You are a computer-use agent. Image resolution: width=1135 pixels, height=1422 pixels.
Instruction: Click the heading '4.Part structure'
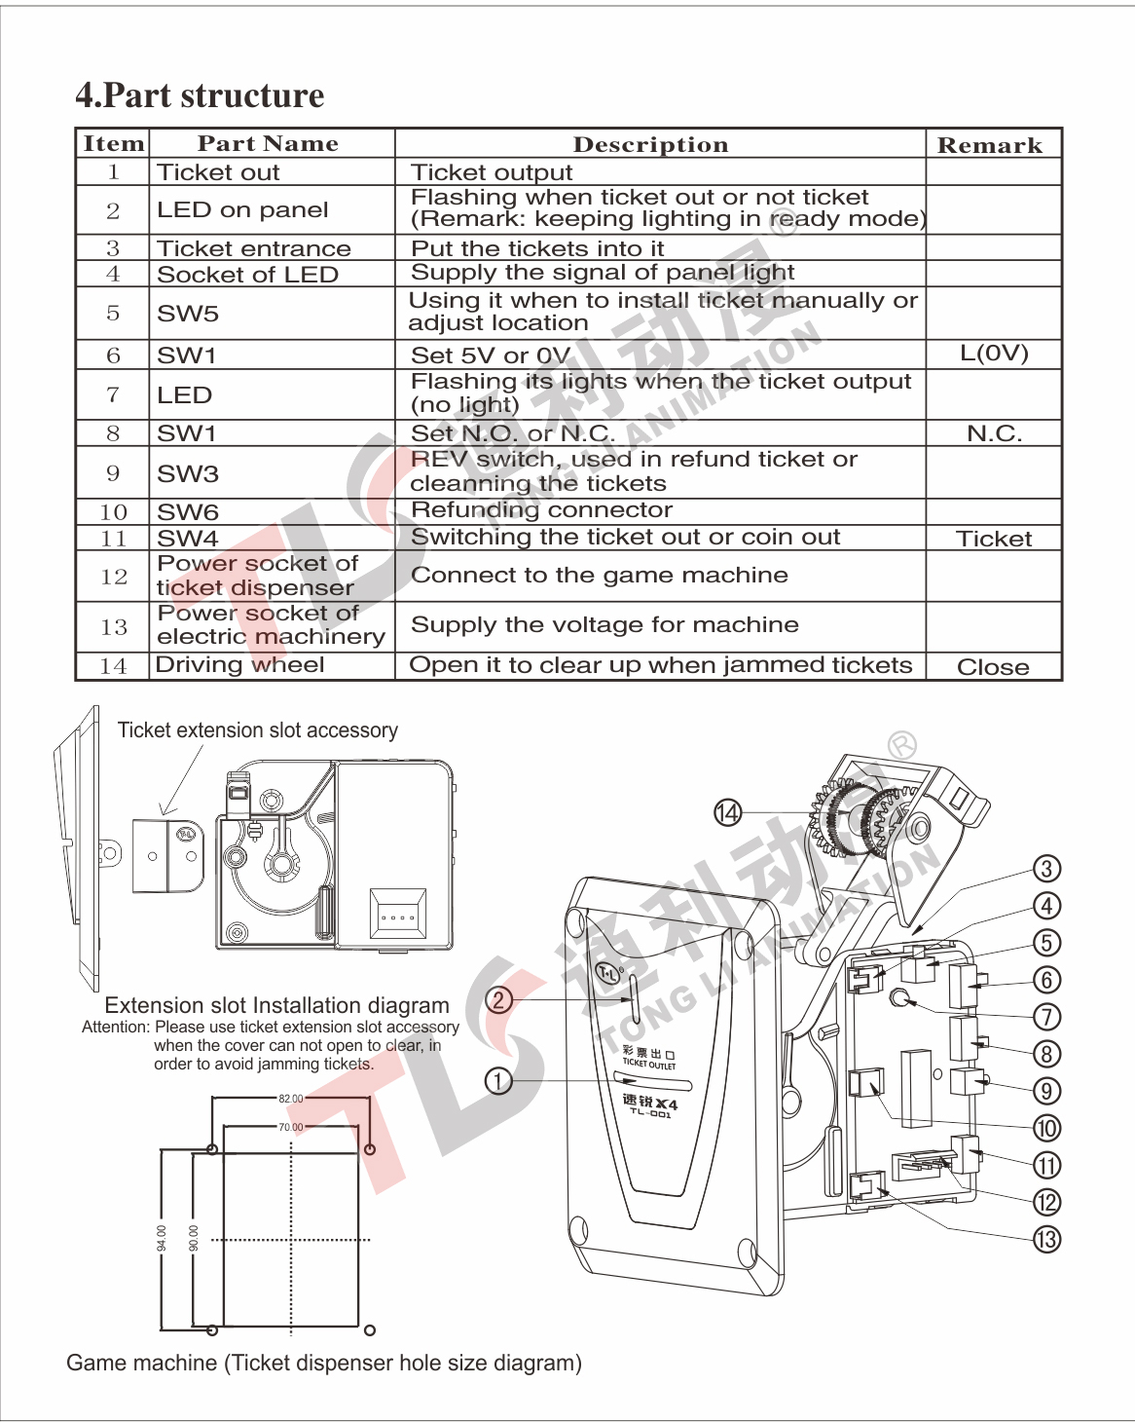pyautogui.click(x=200, y=95)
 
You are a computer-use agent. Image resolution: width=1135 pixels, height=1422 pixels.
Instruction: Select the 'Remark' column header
pyautogui.click(x=990, y=145)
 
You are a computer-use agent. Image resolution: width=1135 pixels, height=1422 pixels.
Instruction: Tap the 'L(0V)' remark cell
pyautogui.click(x=994, y=353)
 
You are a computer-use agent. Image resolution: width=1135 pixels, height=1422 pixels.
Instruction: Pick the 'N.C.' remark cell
pyautogui.click(x=994, y=433)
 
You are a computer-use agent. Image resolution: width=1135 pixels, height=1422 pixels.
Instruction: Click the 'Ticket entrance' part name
pyautogui.click(x=254, y=248)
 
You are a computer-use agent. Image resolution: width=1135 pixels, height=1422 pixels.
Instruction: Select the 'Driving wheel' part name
pyautogui.click(x=239, y=665)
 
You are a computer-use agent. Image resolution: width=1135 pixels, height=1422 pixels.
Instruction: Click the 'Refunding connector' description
pyautogui.click(x=542, y=509)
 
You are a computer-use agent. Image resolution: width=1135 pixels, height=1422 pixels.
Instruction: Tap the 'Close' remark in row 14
pyautogui.click(x=993, y=667)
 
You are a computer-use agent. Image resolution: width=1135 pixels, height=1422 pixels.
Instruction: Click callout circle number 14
pyautogui.click(x=727, y=812)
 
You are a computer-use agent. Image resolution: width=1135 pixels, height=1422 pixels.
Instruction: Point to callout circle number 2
pyautogui.click(x=498, y=999)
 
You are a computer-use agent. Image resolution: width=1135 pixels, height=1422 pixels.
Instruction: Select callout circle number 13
pyautogui.click(x=1047, y=1240)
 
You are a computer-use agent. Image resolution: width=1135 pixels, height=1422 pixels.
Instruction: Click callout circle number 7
pyautogui.click(x=1047, y=1017)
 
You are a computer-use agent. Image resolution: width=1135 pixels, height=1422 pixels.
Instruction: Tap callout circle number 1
pyautogui.click(x=498, y=1081)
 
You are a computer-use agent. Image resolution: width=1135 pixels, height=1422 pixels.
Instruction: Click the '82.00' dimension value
pyautogui.click(x=291, y=1099)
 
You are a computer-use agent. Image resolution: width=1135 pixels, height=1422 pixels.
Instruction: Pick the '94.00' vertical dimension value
pyautogui.click(x=162, y=1238)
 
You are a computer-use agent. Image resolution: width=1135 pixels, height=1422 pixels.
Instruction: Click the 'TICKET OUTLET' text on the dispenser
pyautogui.click(x=648, y=1065)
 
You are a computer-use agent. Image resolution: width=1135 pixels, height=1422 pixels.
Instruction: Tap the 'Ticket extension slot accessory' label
pyautogui.click(x=258, y=730)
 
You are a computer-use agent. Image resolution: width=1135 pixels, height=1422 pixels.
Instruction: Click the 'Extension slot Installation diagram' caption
pyautogui.click(x=276, y=1005)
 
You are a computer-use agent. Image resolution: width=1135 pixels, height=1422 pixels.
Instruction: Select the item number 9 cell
pyautogui.click(x=113, y=472)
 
